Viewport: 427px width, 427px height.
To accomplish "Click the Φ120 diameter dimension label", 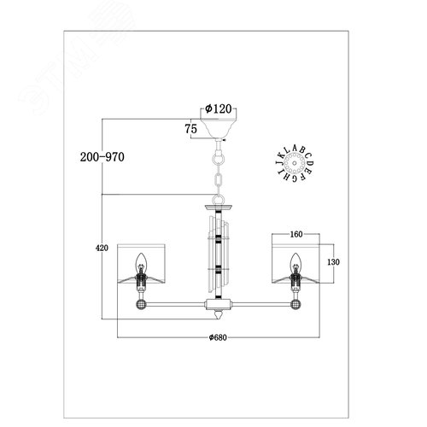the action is pos(219,108).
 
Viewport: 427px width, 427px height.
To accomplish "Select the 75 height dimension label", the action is pos(191,129).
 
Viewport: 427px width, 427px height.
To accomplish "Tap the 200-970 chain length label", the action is pos(102,157).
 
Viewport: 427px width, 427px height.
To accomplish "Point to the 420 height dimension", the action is pos(102,248).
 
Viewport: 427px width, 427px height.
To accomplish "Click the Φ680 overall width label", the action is pos(218,337).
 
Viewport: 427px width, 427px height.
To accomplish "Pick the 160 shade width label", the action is pos(296,234).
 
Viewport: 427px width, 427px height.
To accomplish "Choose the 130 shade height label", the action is pos(333,262).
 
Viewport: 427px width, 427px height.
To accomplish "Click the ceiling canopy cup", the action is pos(219,128).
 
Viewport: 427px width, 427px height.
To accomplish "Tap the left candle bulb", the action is pos(141,260).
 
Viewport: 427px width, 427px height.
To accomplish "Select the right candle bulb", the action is pos(295,260).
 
